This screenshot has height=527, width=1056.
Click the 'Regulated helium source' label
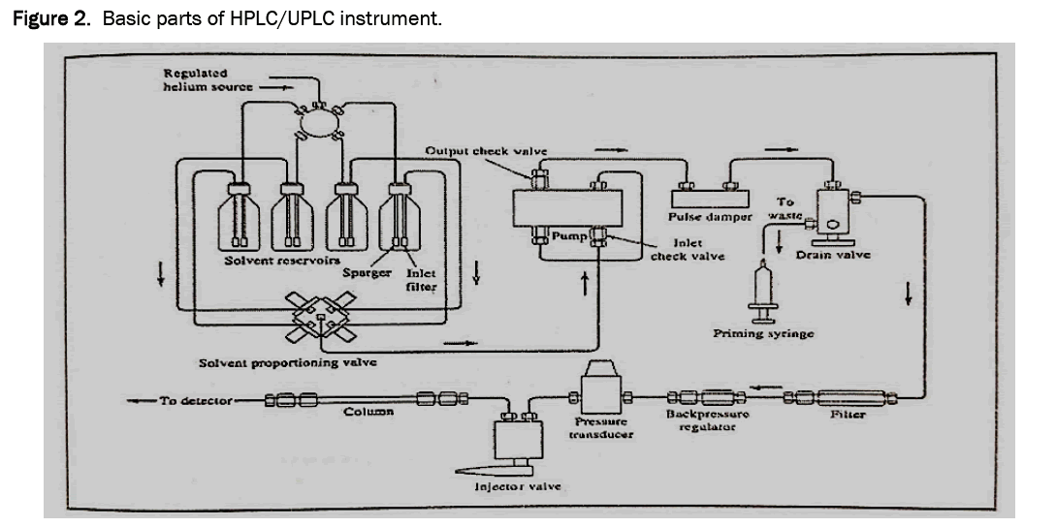[x=206, y=79]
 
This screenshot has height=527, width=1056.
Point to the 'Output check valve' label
[x=486, y=150]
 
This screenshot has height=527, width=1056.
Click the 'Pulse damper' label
[x=711, y=217]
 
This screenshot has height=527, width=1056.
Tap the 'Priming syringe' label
[x=763, y=334]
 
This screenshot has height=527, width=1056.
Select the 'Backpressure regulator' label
[x=707, y=420]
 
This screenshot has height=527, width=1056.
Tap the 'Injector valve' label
[x=512, y=486]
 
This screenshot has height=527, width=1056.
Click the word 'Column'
[x=368, y=412]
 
